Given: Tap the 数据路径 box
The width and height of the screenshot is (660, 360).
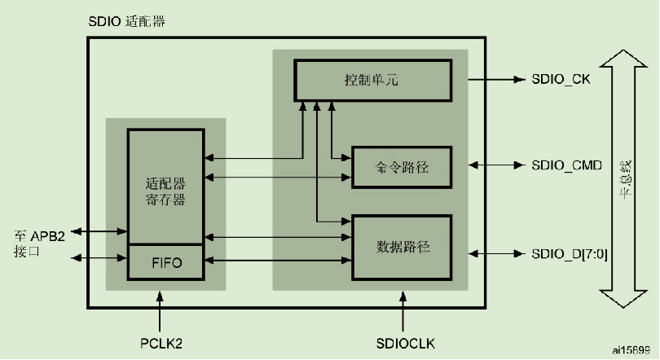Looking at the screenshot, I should [x=400, y=245].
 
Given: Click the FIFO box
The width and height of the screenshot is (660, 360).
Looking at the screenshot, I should [x=165, y=262].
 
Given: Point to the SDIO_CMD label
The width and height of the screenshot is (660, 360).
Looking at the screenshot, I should [x=566, y=165].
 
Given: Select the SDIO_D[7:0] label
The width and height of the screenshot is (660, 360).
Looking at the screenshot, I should [x=570, y=254].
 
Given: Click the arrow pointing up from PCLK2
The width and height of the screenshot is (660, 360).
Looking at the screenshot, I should [x=161, y=313].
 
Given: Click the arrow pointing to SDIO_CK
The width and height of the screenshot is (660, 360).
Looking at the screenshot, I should [x=497, y=80].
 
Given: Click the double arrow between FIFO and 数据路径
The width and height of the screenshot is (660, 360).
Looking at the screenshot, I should [x=278, y=261].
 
